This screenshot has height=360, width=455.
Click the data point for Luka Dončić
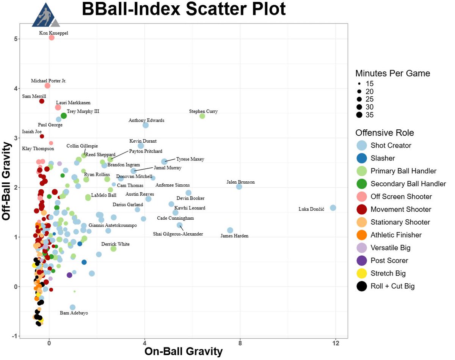(333, 208)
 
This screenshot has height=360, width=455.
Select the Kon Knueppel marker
(52, 38)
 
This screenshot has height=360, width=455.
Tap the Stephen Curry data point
(202, 116)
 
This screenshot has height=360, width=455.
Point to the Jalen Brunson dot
(239, 187)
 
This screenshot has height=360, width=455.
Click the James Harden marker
(230, 230)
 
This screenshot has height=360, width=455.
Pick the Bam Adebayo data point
(72, 307)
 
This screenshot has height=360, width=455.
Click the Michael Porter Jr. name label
(49, 81)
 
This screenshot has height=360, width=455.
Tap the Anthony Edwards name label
(146, 121)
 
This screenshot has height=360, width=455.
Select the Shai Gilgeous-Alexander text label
(178, 234)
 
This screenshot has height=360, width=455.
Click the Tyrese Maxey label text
(190, 159)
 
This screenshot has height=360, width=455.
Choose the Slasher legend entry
(383, 158)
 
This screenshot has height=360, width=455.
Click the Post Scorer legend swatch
(362, 261)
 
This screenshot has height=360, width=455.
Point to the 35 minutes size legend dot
(359, 115)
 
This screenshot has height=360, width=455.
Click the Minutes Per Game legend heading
(392, 73)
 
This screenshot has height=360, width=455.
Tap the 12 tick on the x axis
(336, 343)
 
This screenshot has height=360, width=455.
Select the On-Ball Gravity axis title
(184, 352)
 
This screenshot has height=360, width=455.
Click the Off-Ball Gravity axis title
(8, 181)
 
